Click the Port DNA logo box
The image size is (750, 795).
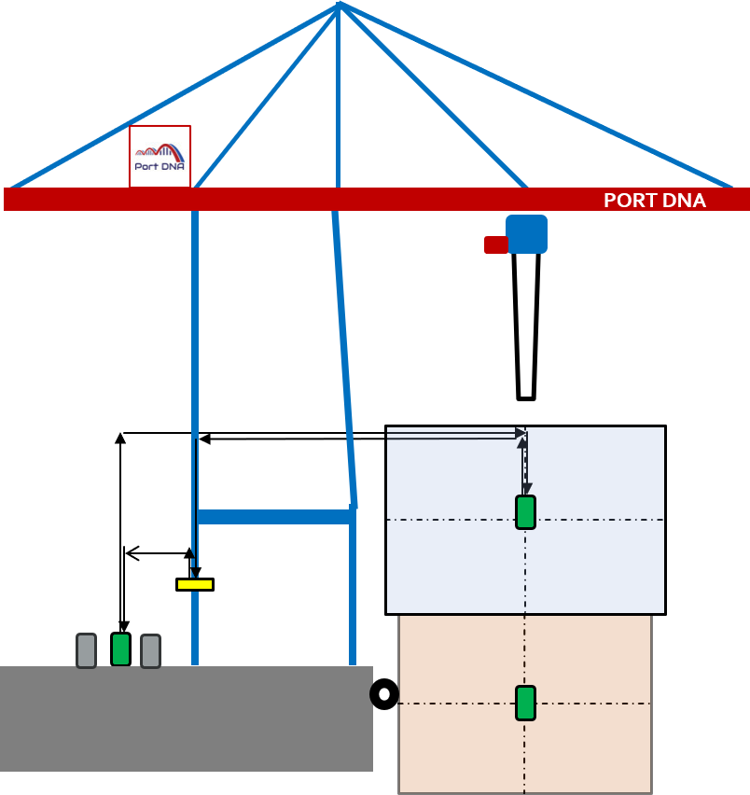[160, 156]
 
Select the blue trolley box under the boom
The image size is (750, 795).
[526, 234]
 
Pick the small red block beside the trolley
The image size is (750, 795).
[495, 244]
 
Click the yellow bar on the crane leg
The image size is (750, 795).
[195, 584]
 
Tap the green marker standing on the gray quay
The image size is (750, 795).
[120, 649]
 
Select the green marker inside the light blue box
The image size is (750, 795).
[525, 512]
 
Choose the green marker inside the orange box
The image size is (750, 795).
[525, 703]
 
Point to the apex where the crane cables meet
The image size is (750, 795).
[339, 5]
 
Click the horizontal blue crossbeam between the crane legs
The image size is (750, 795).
[274, 516]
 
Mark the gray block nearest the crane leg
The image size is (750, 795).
[150, 650]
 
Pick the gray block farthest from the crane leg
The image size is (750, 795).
[86, 650]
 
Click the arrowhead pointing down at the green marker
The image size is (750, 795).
[527, 489]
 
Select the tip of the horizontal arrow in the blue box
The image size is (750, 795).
[521, 433]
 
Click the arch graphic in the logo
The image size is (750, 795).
[160, 150]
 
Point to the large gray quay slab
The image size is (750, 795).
[187, 718]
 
